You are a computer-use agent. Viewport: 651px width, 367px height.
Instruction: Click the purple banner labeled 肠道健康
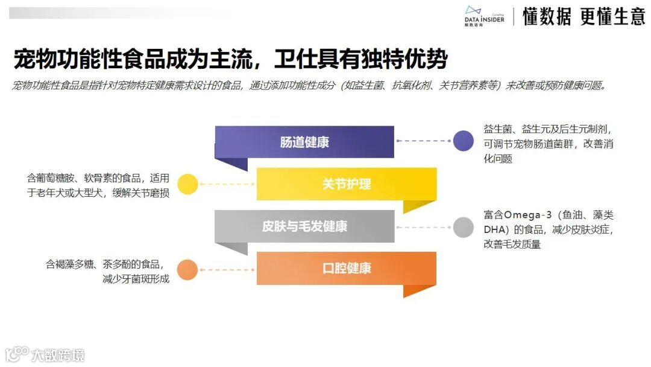pos(304,142)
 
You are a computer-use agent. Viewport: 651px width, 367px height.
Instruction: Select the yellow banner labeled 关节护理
pos(347,184)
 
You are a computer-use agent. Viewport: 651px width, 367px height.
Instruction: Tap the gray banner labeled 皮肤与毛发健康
pos(304,226)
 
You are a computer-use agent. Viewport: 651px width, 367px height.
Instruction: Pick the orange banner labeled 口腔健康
pos(347,268)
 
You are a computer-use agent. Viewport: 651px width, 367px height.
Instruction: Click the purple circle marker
pos(463,141)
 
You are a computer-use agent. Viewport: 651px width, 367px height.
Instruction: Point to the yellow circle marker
pos(188,184)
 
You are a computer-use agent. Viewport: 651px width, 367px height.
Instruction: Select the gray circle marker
pos(463,227)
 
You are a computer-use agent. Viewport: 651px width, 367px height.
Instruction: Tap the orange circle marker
pos(188,269)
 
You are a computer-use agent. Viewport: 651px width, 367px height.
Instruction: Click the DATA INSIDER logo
pos(484,16)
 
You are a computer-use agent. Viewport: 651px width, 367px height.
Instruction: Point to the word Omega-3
pos(525,215)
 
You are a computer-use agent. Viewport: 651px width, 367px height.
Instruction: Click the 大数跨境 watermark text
pos(58,354)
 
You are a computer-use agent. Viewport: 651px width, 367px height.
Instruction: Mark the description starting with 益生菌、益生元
pos(549,144)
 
